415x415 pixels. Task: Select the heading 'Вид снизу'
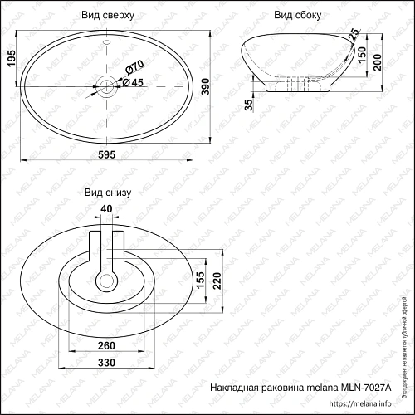pyautogui.click(x=106, y=192)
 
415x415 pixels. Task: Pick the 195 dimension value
pyautogui.click(x=12, y=60)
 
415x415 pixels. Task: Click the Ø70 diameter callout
pyautogui.click(x=134, y=66)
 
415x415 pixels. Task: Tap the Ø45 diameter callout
pyautogui.click(x=134, y=81)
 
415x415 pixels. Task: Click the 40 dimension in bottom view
pyautogui.click(x=106, y=208)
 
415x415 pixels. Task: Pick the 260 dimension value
pyautogui.click(x=106, y=345)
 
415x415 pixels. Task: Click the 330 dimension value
pyautogui.click(x=106, y=363)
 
